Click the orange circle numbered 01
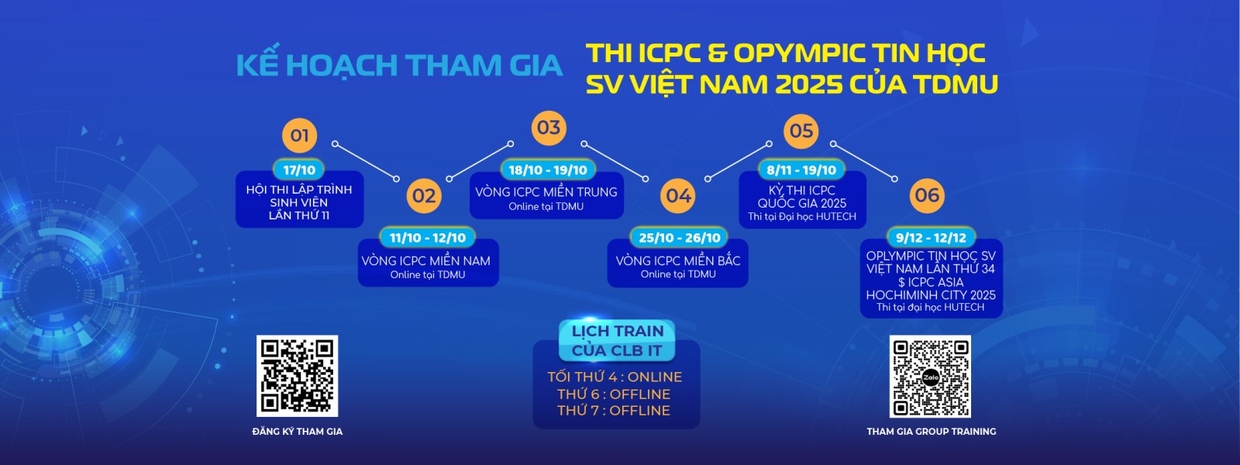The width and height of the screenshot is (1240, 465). [x=299, y=135]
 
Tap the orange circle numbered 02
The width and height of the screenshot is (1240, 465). [x=424, y=195]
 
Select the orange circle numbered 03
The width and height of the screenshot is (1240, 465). [x=549, y=128]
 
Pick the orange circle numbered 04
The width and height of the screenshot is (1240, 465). [x=679, y=195]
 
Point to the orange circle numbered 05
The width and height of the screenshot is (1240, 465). [x=801, y=131]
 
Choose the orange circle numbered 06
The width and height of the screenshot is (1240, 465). [x=927, y=195]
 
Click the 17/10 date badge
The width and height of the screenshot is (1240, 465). [x=299, y=170]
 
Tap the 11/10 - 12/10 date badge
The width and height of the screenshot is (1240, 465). [x=428, y=237]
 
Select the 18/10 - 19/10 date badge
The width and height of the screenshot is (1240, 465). [x=548, y=170]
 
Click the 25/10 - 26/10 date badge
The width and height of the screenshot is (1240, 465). [x=679, y=237]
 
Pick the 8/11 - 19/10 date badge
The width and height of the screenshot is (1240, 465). [x=801, y=170]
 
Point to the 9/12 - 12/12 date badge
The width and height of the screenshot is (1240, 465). [x=931, y=237]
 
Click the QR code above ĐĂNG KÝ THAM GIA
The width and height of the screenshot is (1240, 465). [x=298, y=376]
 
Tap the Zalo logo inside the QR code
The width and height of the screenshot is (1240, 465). [x=931, y=377]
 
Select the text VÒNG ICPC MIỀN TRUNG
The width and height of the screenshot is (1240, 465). [x=546, y=192]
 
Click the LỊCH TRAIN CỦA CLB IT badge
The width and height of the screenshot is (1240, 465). [x=617, y=340]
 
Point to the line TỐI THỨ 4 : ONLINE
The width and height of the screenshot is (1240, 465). [x=615, y=377]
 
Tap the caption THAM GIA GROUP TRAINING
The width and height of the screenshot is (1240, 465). [x=931, y=431]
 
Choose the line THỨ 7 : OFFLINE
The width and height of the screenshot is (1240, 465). [x=613, y=410]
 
